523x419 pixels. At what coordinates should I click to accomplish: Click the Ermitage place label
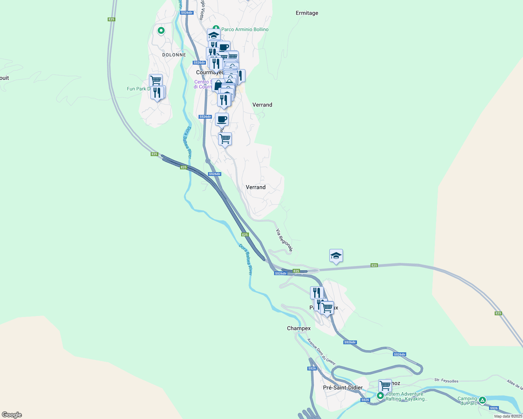pos(307,13)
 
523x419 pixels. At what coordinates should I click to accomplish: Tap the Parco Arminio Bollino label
pos(245,30)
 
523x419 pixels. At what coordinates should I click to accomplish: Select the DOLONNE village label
pos(174,55)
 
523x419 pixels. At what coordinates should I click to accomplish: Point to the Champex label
pos(299,329)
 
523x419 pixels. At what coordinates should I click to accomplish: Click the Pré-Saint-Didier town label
pos(343,388)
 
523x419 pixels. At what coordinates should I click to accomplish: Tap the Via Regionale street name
pos(284,240)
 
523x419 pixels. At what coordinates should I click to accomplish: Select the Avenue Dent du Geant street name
pos(321,352)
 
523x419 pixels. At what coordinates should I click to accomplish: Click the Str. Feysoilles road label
pos(446,381)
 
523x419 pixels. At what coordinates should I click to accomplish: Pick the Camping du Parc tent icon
pos(482,400)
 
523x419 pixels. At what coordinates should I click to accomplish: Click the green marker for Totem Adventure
pos(380,396)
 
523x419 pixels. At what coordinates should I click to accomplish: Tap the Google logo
pos(12,415)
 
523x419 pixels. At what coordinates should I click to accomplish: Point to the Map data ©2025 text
pos(508,416)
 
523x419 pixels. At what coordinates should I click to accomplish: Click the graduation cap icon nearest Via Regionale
pos(336,256)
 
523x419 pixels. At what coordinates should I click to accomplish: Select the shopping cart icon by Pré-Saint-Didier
pos(385,386)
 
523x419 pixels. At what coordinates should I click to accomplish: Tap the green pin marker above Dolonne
pos(161,31)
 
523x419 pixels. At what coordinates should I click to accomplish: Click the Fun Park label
pos(138,89)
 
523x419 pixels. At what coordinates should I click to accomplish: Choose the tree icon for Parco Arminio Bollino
pos(216,28)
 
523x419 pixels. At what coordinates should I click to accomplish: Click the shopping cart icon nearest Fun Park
pos(156,81)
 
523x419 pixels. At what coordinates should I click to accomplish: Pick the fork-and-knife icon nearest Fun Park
pos(157,93)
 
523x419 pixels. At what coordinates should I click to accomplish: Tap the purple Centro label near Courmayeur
pos(202,84)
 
